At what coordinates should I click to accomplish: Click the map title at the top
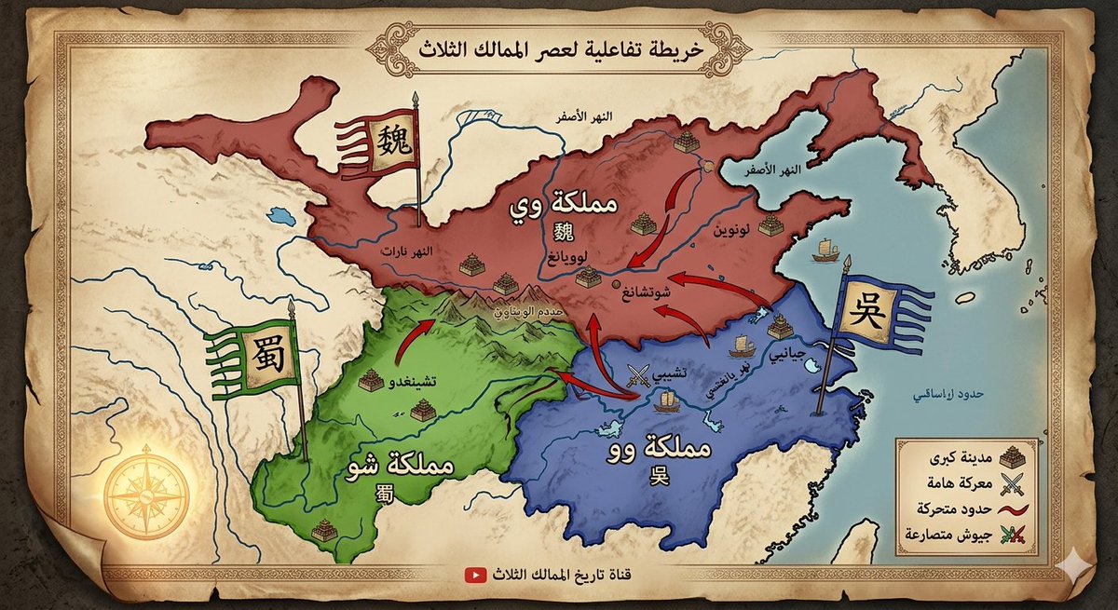point(560,45)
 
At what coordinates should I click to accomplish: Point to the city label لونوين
point(731,229)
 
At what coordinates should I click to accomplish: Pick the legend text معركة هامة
point(960,482)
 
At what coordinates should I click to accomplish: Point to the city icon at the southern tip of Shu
point(323,531)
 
